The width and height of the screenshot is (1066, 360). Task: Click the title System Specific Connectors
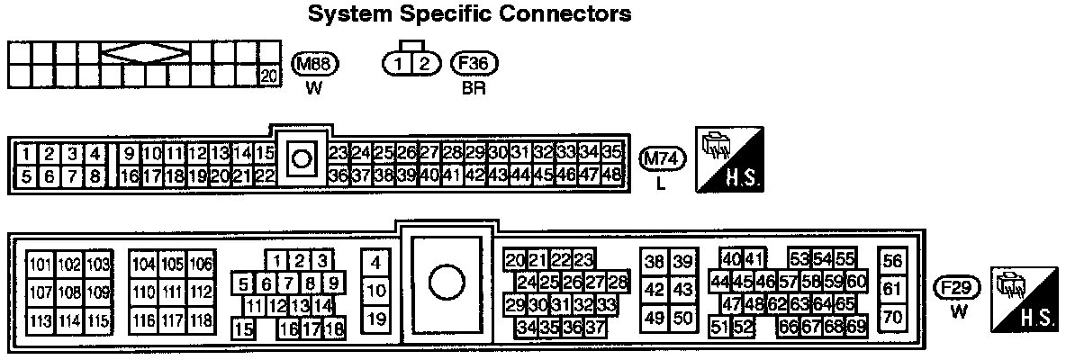pyautogui.click(x=469, y=15)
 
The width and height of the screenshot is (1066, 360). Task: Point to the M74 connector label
pyautogui.click(x=663, y=158)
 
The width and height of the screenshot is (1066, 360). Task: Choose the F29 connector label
pyautogui.click(x=958, y=288)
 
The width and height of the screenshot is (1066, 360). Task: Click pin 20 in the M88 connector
pyautogui.click(x=268, y=76)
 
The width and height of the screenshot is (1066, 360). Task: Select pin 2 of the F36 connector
pyautogui.click(x=426, y=63)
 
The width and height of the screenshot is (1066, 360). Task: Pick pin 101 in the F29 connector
pyautogui.click(x=41, y=264)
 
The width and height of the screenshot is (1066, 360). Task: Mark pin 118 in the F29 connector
pyautogui.click(x=202, y=319)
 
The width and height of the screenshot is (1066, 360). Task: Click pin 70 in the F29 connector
pyautogui.click(x=892, y=317)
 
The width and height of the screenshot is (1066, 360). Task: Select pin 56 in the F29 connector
pyautogui.click(x=892, y=261)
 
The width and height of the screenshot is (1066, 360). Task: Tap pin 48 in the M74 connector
pyautogui.click(x=612, y=175)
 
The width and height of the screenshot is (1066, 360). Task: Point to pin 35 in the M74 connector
pyautogui.click(x=612, y=152)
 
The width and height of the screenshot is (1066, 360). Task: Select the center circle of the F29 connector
pyautogui.click(x=445, y=283)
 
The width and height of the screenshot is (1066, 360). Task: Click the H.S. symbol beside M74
pyautogui.click(x=731, y=158)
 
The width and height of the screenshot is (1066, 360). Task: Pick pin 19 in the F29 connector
pyautogui.click(x=378, y=318)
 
